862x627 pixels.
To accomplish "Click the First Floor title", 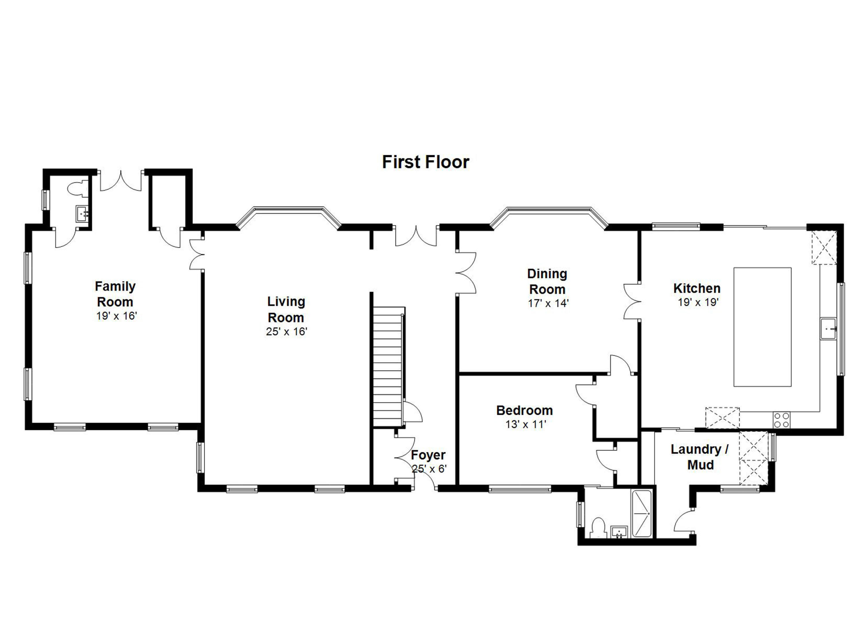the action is (426, 162).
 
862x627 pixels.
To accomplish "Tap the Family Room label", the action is (115, 294).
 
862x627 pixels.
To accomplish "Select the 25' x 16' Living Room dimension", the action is (286, 331).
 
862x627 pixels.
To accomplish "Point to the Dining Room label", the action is (547, 281).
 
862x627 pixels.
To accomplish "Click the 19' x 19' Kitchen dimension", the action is (698, 302).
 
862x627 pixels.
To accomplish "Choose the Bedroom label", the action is (524, 410).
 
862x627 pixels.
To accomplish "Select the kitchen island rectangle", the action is (762, 327).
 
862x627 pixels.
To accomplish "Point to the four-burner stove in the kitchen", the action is (781, 420).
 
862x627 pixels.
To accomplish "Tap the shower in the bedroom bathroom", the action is (642, 514).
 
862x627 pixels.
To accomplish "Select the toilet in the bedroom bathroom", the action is (599, 527).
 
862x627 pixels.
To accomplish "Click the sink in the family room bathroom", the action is (82, 213).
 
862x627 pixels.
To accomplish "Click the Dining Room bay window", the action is (549, 218).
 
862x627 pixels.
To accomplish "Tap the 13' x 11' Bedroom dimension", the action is (526, 424).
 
